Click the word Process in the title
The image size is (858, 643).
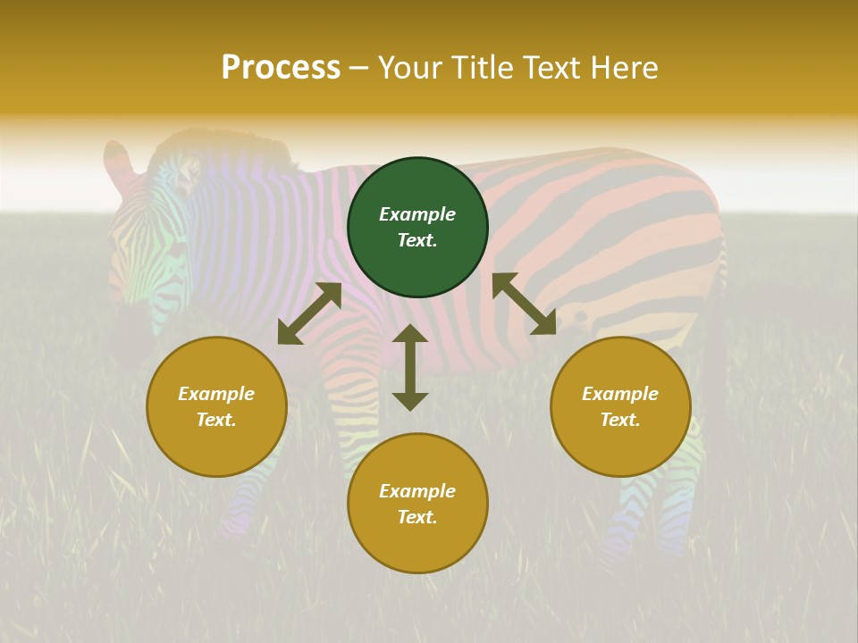[281, 68]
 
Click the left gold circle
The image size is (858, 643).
[216, 406]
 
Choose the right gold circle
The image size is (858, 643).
[620, 406]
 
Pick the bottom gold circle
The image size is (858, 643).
[417, 504]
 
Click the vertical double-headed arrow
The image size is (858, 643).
[410, 367]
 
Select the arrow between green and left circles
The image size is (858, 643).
[309, 313]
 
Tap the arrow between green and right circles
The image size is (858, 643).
[524, 304]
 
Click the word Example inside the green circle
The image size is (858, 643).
[417, 214]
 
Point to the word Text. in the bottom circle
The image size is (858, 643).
[417, 517]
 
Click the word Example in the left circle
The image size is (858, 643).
[216, 394]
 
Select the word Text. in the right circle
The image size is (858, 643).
[620, 420]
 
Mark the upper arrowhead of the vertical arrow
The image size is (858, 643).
[410, 334]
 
